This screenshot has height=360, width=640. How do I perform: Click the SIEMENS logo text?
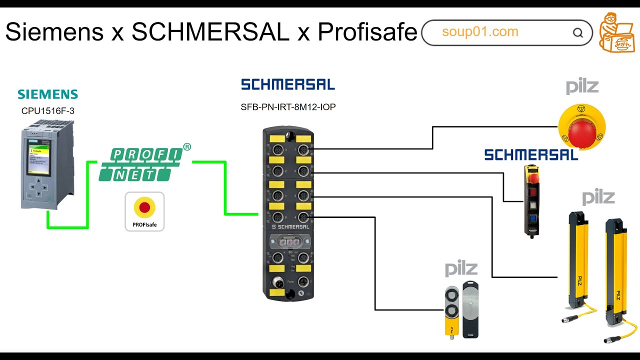[x=48, y=94]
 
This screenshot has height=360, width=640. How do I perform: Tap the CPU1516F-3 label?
[x=48, y=111]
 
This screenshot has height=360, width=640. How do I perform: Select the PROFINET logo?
[x=141, y=164]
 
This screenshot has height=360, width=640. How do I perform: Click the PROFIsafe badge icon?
[x=144, y=211]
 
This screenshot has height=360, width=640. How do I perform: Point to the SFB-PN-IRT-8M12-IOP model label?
[x=288, y=107]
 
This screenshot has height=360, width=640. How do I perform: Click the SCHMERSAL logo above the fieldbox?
[x=288, y=84]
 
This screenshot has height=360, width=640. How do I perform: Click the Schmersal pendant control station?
[x=532, y=200]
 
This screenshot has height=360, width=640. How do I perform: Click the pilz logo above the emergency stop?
[x=582, y=87]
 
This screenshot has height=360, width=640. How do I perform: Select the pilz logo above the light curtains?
[x=598, y=197]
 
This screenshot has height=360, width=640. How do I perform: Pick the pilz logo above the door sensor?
[x=461, y=269]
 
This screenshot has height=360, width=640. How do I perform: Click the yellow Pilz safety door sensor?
[x=451, y=310]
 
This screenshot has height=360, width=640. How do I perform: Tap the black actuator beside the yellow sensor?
[x=470, y=308]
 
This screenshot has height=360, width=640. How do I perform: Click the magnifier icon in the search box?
[x=578, y=33]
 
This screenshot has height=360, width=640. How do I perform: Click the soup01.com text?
[x=480, y=32]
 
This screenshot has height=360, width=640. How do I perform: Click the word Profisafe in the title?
[x=367, y=32]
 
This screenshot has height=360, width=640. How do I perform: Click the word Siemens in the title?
[x=54, y=32]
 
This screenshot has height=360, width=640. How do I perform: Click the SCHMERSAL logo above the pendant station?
[x=531, y=155]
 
